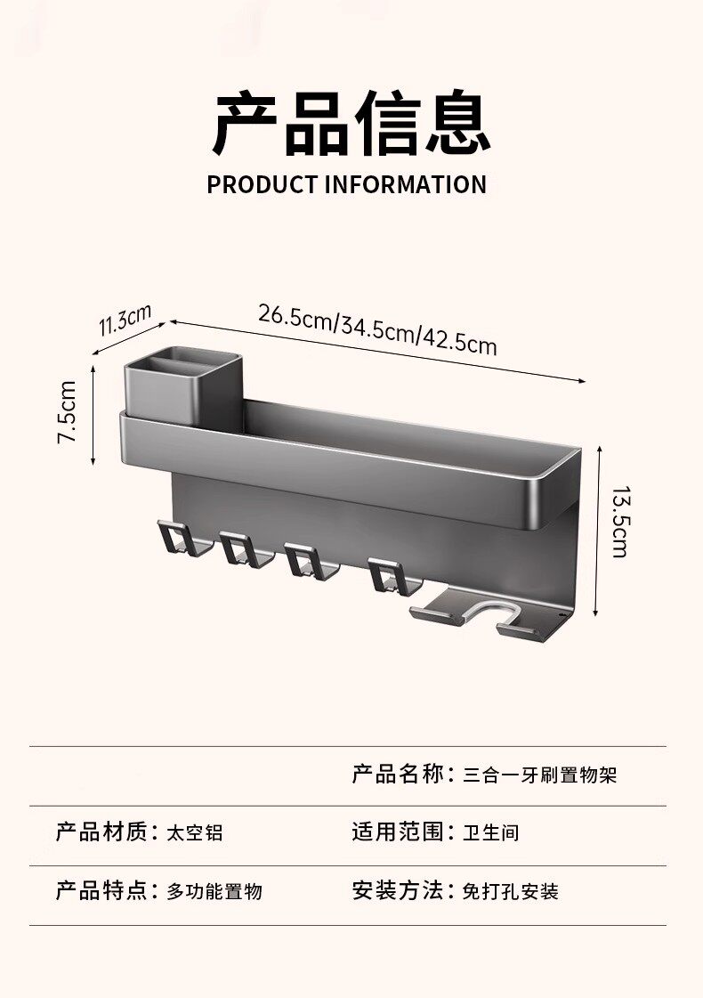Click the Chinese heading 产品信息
(x=351, y=124)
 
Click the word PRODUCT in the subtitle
(x=263, y=185)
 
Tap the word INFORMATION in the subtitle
(x=405, y=185)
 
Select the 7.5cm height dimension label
(x=68, y=412)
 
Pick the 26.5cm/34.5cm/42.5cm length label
(x=377, y=329)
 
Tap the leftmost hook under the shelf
(x=175, y=539)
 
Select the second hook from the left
(x=238, y=548)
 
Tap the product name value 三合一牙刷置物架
(x=539, y=775)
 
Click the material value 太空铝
(x=195, y=833)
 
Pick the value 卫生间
(x=490, y=833)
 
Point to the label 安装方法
(x=397, y=890)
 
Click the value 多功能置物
(x=214, y=891)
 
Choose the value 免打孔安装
(x=510, y=891)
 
